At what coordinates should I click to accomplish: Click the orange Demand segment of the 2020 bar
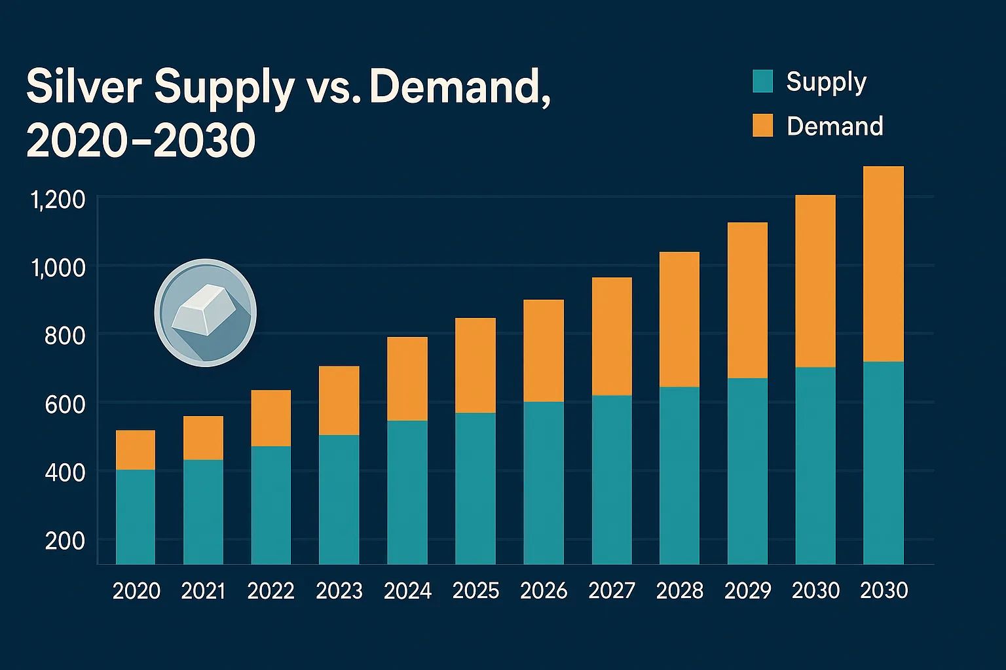136,450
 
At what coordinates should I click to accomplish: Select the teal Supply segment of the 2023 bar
339,499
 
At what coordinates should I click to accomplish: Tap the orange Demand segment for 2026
544,351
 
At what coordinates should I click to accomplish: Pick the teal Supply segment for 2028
679,475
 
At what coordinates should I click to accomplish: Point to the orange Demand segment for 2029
747,300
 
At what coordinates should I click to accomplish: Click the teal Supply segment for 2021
203,512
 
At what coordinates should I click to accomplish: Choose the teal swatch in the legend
763,81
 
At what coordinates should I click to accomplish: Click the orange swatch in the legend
763,126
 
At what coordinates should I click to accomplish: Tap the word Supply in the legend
826,82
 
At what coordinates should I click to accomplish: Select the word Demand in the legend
834,126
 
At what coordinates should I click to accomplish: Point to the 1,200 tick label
58,200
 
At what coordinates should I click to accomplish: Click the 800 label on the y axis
65,336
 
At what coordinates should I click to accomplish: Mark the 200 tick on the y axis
65,541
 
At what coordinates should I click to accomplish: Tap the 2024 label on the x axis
407,591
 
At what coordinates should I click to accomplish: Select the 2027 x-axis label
612,591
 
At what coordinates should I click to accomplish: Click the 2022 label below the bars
270,591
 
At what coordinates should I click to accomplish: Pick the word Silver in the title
84,88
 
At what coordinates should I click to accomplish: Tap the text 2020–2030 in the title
141,141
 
